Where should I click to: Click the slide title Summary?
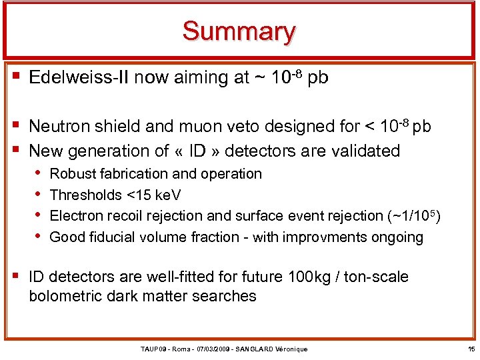(x=239, y=31)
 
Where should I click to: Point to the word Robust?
(x=72, y=174)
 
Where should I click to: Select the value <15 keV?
(x=153, y=195)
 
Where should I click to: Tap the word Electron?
(x=77, y=216)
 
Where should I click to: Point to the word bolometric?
(x=65, y=296)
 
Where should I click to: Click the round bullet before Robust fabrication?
(x=40, y=174)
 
